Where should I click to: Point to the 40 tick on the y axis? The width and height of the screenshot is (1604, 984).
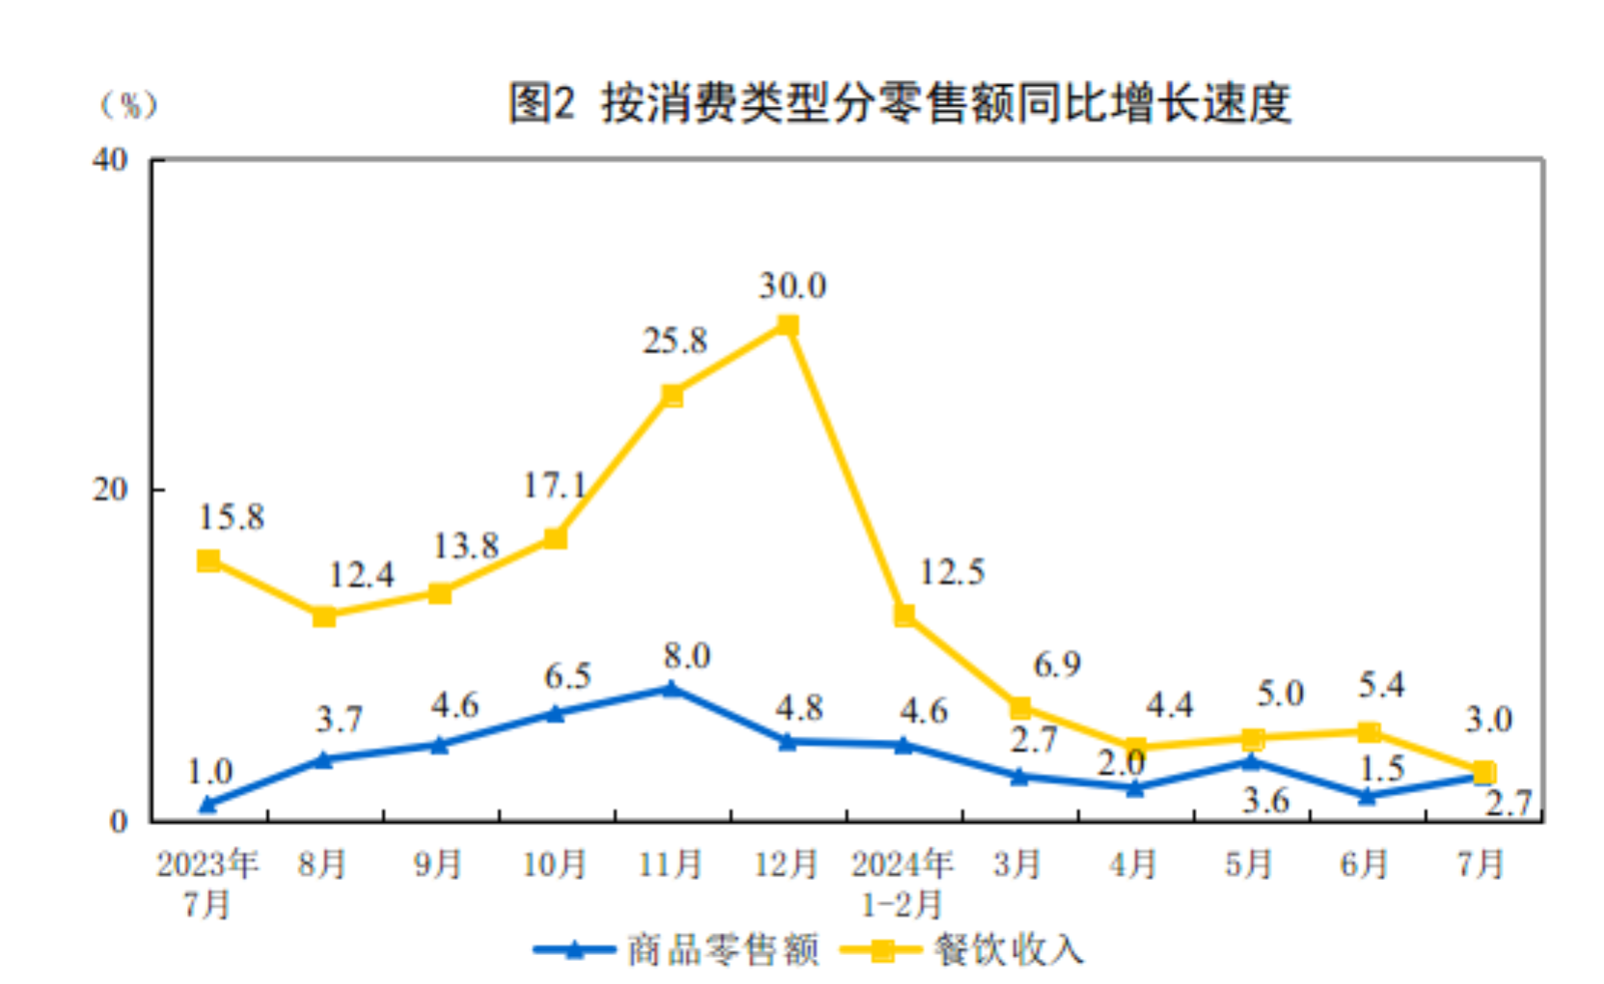click(110, 159)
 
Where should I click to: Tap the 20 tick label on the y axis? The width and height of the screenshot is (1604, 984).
click(110, 489)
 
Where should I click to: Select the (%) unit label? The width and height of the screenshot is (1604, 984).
click(128, 104)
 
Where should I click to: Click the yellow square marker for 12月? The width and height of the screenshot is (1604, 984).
click(788, 325)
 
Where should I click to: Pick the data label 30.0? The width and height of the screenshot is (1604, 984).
click(792, 286)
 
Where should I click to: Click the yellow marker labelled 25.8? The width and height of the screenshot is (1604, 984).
click(672, 396)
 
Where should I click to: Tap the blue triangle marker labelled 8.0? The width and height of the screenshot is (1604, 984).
click(671, 688)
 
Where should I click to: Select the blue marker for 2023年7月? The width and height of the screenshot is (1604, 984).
click(208, 804)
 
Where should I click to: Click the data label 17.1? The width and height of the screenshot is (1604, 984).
click(555, 484)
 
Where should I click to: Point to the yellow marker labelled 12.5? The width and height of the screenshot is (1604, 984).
click(904, 615)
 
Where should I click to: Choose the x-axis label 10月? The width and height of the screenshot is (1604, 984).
click(555, 863)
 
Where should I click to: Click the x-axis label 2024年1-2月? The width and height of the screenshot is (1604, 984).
click(902, 883)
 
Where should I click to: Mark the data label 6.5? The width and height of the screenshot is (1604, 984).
click(567, 676)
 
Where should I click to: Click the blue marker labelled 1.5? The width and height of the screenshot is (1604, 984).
click(1367, 796)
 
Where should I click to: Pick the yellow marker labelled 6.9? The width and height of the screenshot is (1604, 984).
click(1019, 708)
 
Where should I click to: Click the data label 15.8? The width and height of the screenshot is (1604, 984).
click(231, 517)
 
